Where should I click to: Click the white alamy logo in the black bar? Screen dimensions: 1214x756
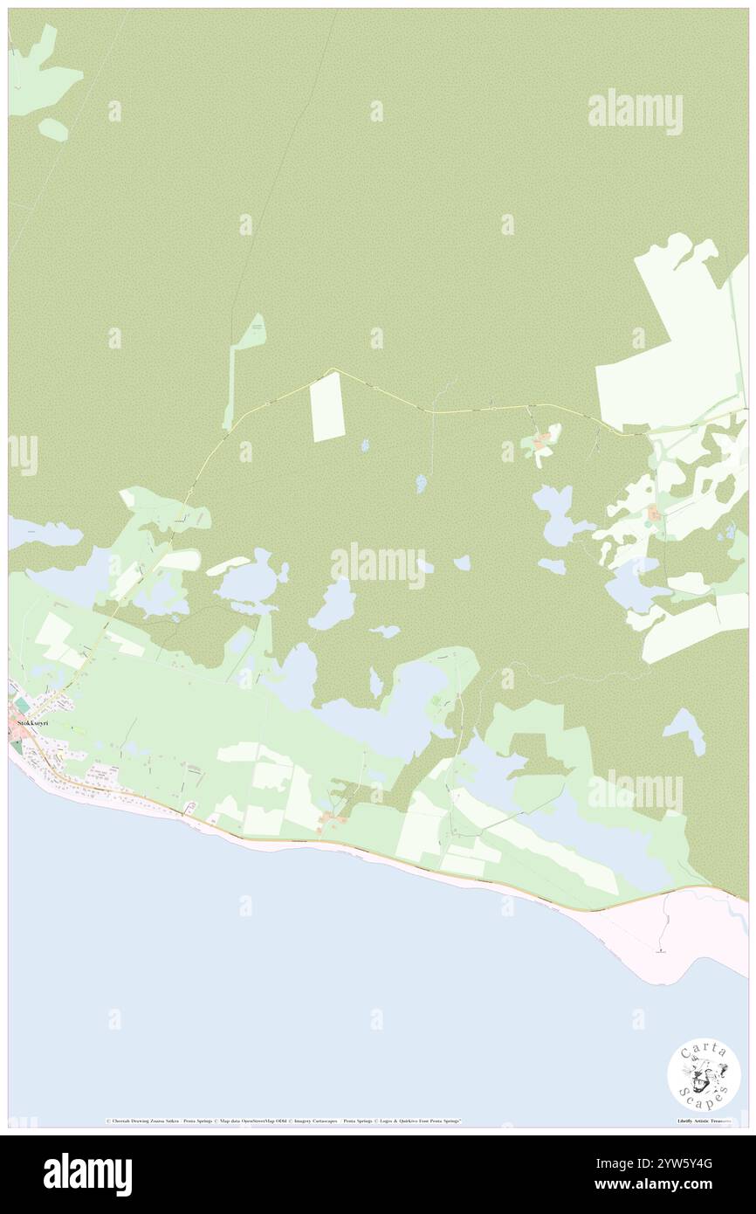click(87, 1174)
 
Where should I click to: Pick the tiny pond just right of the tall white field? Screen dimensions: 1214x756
click(365, 445)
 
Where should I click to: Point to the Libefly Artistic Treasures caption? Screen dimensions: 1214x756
click(708, 1121)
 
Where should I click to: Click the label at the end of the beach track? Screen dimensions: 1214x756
click(661, 952)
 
